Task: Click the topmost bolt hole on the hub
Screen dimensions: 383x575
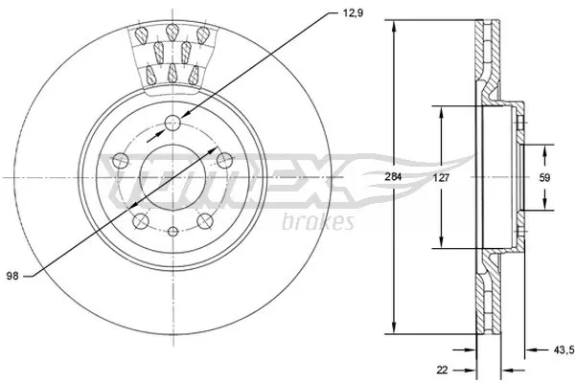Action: pos(172,123)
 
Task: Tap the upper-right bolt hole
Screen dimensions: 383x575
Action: pos(223,160)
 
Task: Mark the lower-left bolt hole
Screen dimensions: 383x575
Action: pos(139,222)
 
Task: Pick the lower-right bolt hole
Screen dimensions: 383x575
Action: pos(203,222)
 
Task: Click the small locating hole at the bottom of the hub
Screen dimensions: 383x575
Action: pos(172,233)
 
